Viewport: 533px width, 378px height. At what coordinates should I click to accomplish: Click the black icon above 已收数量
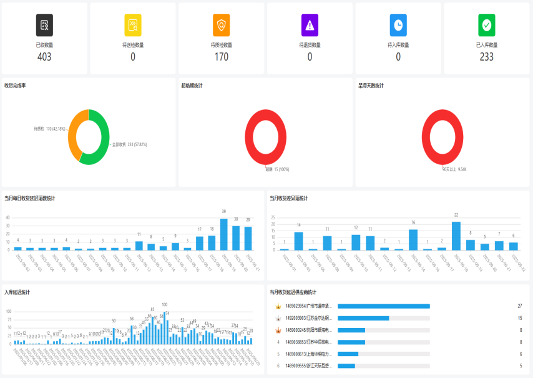pyautogui.click(x=44, y=25)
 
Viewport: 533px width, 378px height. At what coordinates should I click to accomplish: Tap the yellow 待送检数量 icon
pyautogui.click(x=133, y=25)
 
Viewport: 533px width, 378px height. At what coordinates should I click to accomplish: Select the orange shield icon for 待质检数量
pyautogui.click(x=222, y=25)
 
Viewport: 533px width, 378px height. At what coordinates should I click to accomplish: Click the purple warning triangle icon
pyautogui.click(x=310, y=25)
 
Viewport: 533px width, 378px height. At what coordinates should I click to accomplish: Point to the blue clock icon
pyautogui.click(x=398, y=25)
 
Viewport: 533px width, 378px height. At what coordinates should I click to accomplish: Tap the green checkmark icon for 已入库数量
pyautogui.click(x=487, y=25)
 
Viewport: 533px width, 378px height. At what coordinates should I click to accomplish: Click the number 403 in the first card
pyautogui.click(x=44, y=57)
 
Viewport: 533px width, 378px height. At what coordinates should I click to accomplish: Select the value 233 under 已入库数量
pyautogui.click(x=487, y=57)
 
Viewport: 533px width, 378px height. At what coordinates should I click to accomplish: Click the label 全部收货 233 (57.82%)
pyautogui.click(x=130, y=144)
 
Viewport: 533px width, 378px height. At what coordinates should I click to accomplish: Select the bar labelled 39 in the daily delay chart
pyautogui.click(x=224, y=234)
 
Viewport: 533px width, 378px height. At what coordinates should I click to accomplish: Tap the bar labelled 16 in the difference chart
pyautogui.click(x=413, y=240)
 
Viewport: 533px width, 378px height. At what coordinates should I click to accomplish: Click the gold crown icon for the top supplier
pyautogui.click(x=278, y=306)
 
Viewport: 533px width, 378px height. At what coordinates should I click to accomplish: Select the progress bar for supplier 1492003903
pyautogui.click(x=363, y=318)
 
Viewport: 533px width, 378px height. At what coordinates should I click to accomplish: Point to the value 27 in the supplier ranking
pyautogui.click(x=520, y=306)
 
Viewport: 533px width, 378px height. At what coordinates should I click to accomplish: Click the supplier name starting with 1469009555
pyautogui.click(x=308, y=366)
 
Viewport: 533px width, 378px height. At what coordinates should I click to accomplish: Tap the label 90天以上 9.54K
pyautogui.click(x=454, y=169)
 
